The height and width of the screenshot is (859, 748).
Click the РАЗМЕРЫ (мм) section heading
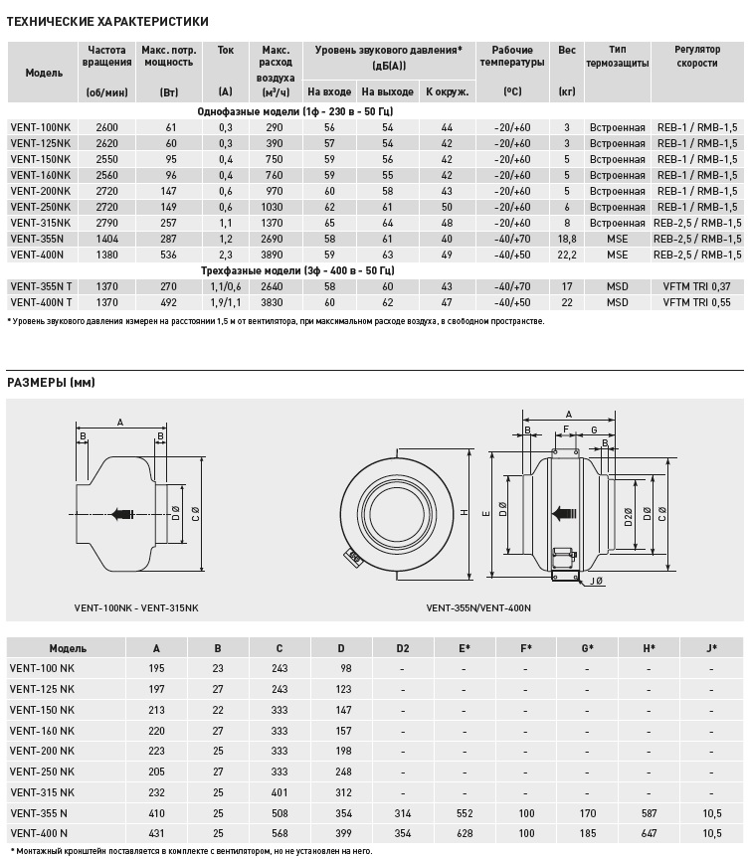coord(51,383)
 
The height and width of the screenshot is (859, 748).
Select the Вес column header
coord(567,50)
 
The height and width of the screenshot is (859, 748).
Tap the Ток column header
coord(225,50)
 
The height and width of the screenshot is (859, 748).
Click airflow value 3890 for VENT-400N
coord(275,255)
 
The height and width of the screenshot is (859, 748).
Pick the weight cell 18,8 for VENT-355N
coord(567,239)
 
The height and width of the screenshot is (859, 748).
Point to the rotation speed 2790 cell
coord(107,223)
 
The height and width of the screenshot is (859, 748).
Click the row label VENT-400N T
coord(41,302)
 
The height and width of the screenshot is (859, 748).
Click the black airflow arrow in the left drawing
coord(122,514)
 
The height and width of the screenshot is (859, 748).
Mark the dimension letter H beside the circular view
coord(465,513)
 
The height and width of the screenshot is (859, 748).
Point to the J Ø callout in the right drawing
coord(597,581)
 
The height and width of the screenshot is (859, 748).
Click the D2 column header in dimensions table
coord(402,648)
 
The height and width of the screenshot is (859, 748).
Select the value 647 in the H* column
coord(649,832)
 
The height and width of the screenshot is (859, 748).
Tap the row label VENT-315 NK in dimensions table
coord(42,791)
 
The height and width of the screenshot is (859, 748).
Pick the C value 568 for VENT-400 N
coord(279,832)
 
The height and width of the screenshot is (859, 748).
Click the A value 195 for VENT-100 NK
coord(156,668)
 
